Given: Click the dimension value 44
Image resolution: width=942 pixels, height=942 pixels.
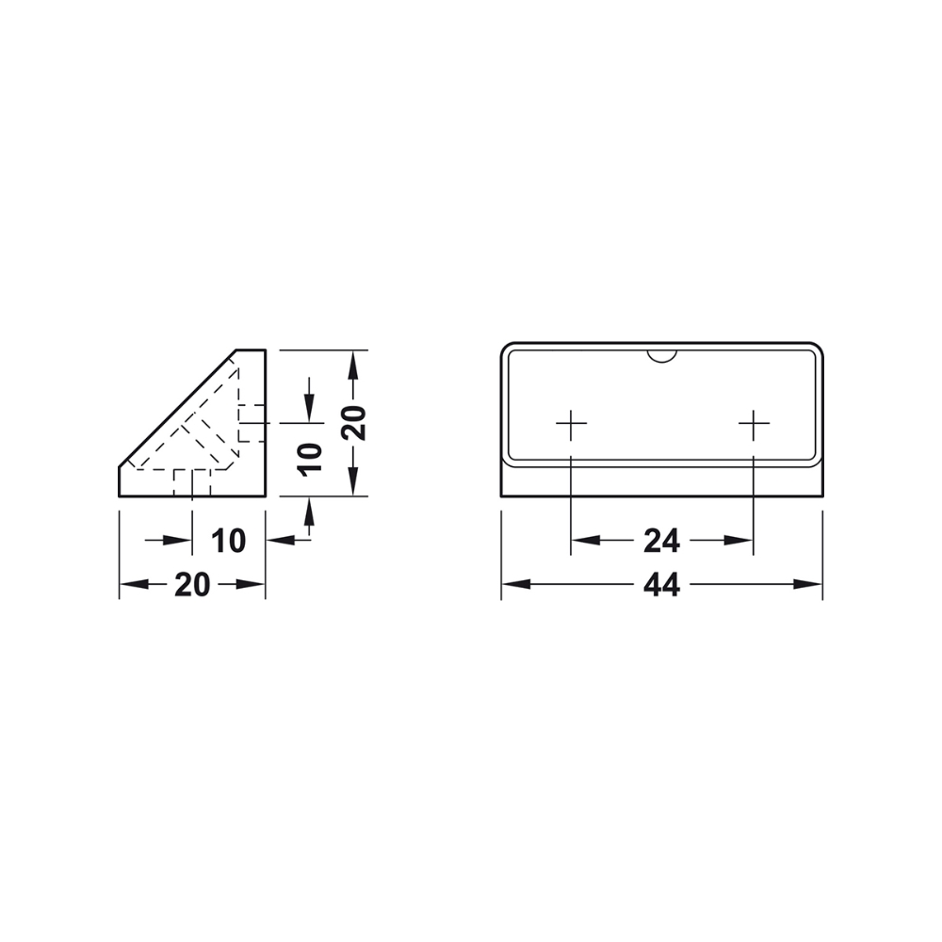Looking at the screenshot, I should point(661,585).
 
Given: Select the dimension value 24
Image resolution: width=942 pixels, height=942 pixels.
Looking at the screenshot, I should point(661,541).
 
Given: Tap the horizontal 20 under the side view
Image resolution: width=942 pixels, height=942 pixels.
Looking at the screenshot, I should point(192,585).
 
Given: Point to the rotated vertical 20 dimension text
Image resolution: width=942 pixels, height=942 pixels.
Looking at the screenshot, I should point(353,423).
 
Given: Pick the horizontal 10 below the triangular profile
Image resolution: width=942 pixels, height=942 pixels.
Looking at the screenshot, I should point(228,541).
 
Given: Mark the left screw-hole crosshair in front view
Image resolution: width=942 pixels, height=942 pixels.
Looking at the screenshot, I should point(571,425).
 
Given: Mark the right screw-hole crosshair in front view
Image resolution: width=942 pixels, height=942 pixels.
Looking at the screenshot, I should point(754,425).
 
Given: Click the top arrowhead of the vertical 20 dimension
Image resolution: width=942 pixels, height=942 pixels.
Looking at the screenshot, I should point(353,362).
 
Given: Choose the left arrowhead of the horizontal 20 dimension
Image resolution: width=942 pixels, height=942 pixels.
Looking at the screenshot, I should point(131,585).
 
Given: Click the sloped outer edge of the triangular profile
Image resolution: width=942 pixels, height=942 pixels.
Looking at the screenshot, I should point(177,408).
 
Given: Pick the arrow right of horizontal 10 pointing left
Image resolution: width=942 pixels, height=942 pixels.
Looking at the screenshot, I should point(279,540).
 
